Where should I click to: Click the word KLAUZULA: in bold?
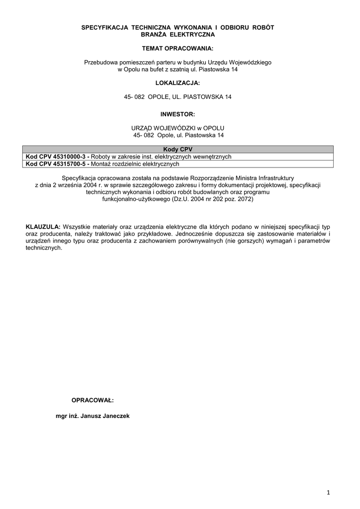(x=43, y=227)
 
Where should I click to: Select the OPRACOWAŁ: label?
(x=92, y=400)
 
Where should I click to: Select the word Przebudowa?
(x=102, y=63)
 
